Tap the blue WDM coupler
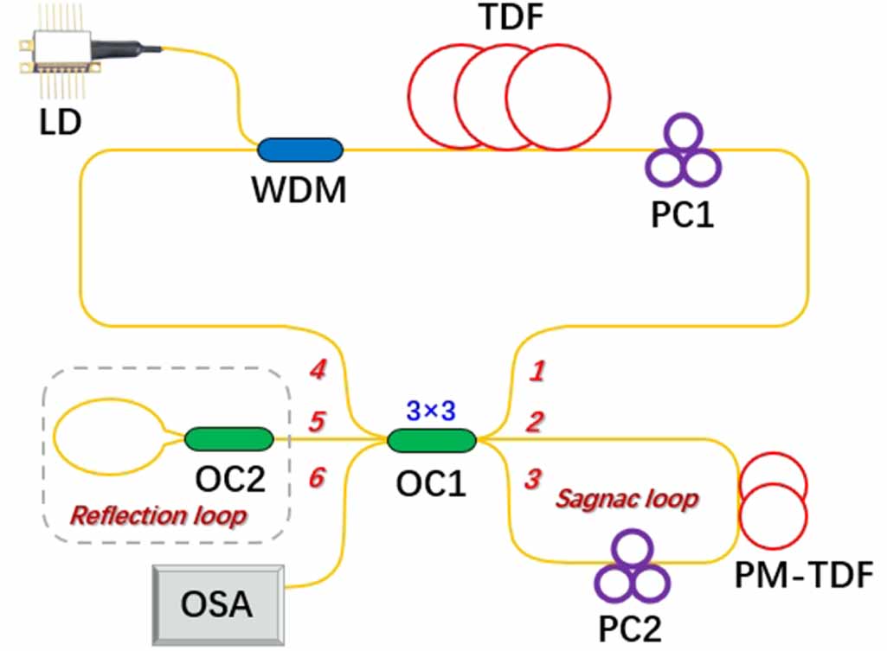point(300,149)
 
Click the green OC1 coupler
point(432,441)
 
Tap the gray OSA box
point(217,602)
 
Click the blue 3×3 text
point(430,412)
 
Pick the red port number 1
point(537,373)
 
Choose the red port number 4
point(318,372)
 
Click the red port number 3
point(535,477)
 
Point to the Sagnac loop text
point(627,499)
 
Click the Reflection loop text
point(158,517)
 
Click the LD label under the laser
point(60,121)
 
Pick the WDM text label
point(299,189)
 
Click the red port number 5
point(318,423)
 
